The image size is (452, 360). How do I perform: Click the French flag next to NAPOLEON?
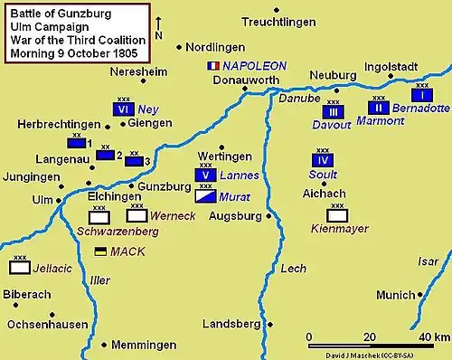pyautogui.click(x=213, y=66)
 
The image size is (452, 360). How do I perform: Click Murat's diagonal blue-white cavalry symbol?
pyautogui.click(x=205, y=195)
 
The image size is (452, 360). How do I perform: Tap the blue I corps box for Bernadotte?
pyautogui.click(x=420, y=95)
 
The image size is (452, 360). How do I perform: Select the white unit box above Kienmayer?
pyautogui.click(x=338, y=215)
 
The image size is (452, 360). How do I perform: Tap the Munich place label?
pyautogui.click(x=395, y=295)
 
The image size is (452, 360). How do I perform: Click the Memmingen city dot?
pyautogui.click(x=107, y=345)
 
